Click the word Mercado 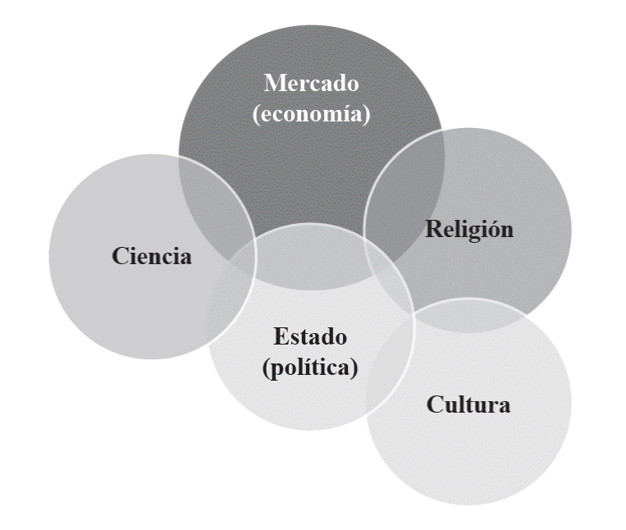point(311,84)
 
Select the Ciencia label point(152,256)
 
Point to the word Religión point(468,228)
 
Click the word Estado point(310,336)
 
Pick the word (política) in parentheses point(310,368)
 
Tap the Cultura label point(468,404)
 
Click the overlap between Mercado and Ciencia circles point(218,197)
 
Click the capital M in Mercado point(273,84)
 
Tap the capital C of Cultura point(434,404)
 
